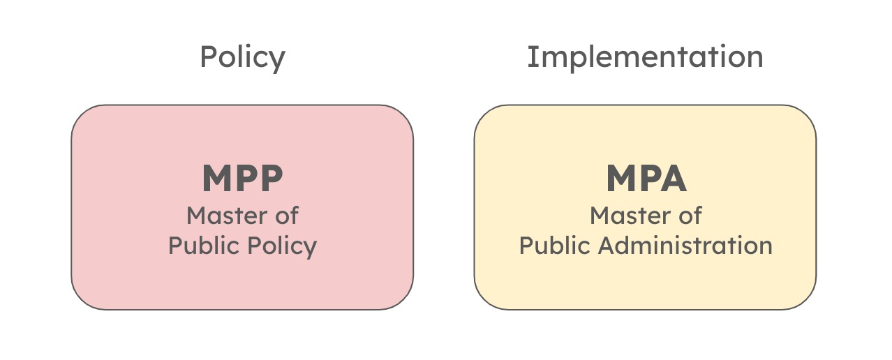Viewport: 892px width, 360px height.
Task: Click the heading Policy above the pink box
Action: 242,57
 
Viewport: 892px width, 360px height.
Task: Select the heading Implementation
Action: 645,57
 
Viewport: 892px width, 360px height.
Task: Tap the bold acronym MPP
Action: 242,179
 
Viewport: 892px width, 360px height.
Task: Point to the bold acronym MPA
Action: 646,179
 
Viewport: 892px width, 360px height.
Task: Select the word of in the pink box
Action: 286,216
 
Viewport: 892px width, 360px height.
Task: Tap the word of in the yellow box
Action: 690,216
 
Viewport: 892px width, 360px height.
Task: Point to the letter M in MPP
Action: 216,179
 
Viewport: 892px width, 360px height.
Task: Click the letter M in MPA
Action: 620,179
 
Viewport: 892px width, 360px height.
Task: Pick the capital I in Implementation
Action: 532,57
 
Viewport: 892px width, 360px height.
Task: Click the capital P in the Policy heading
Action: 207,57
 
